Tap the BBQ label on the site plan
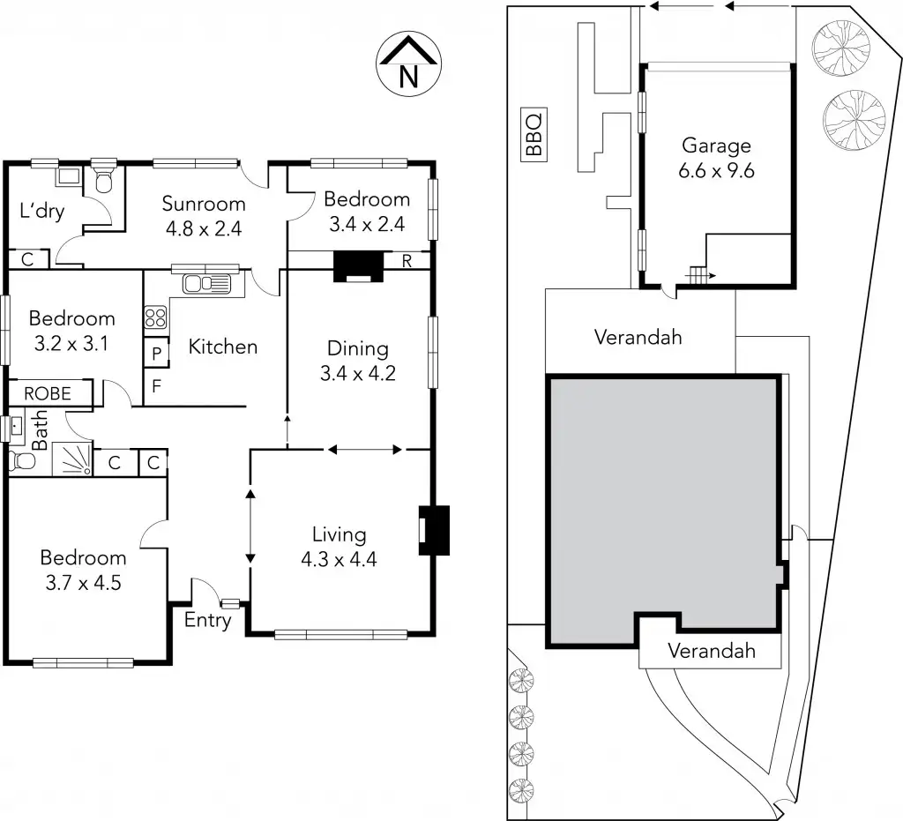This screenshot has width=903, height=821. point(534,134)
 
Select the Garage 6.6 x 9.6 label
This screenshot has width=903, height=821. point(716,158)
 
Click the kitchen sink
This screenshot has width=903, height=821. point(205,284)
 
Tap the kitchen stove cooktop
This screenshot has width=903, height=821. point(155,317)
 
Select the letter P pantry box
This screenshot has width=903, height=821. point(156,353)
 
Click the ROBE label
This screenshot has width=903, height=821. point(48,394)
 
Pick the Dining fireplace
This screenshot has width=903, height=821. point(358,265)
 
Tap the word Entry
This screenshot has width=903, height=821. point(208,620)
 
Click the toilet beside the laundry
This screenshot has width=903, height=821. point(104,180)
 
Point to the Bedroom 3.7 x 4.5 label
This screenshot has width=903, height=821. point(83,569)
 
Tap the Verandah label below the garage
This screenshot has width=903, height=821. point(638,337)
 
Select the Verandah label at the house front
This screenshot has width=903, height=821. point(712,652)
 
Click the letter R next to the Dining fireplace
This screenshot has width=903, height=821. point(407,260)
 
